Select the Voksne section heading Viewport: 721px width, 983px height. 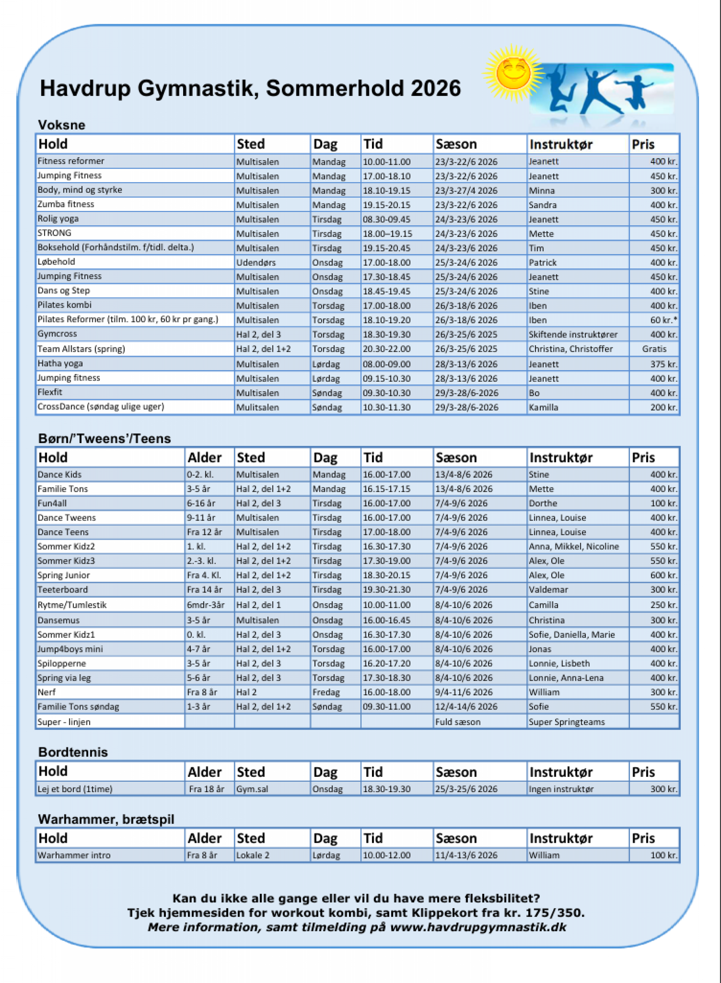click(61, 125)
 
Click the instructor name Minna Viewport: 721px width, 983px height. click(542, 191)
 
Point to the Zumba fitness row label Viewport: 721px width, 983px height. click(66, 204)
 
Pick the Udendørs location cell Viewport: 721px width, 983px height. click(256, 263)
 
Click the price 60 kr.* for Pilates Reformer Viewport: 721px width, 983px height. click(663, 320)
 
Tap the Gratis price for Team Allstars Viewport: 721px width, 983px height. click(654, 349)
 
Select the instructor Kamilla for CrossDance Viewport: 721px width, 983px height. click(543, 407)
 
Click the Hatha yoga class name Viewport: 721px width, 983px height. click(60, 364)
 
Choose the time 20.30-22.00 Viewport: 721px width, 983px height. click(386, 349)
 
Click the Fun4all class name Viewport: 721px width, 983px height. click(52, 503)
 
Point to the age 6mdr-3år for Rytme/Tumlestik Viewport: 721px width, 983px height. click(205, 605)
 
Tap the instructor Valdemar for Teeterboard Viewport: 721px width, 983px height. click(548, 590)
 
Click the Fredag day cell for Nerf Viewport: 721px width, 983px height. click(326, 692)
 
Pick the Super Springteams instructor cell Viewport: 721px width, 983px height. click(567, 722)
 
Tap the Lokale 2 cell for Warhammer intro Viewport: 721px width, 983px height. click(253, 855)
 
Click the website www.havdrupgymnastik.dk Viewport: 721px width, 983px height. click(478, 927)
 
